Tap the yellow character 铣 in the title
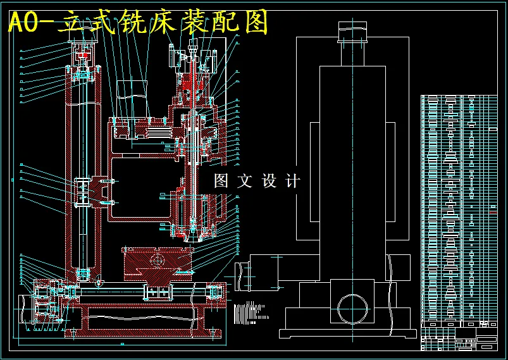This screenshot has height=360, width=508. coord(142,23)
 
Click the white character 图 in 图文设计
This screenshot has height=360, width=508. coord(221,181)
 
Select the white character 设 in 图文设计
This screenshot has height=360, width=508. coord(269,181)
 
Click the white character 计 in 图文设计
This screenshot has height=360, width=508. coord(293,181)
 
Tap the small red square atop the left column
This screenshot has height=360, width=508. coord(84,56)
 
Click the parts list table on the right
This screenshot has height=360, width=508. coord(459,209)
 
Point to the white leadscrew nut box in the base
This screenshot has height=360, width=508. coord(158,292)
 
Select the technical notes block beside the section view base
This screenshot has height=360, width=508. coord(249,311)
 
